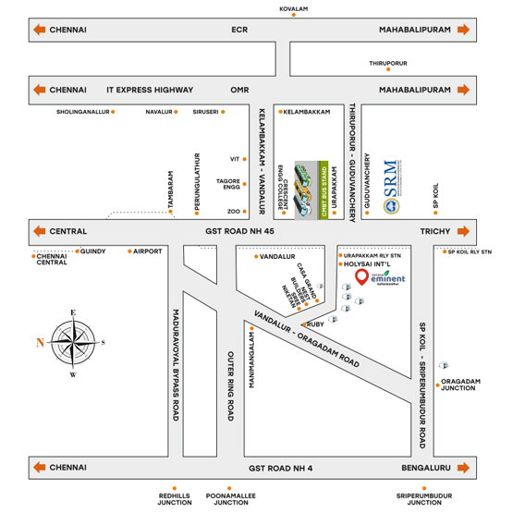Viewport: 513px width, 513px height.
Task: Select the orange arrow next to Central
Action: point(40,231)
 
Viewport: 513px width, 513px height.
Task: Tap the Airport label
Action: point(147,251)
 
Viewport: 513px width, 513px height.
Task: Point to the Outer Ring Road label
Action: point(228,388)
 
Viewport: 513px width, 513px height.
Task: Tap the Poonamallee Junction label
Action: point(230,500)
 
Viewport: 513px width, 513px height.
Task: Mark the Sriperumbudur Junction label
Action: point(425,500)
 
